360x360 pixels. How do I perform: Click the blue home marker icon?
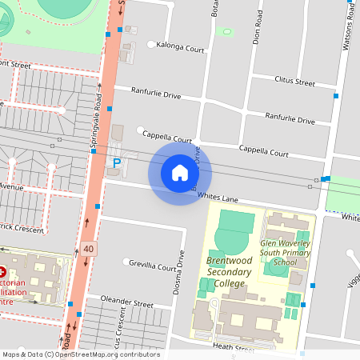pos(179,173)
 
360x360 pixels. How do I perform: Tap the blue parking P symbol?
pos(117,163)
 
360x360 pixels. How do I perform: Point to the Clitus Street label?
pos(294,82)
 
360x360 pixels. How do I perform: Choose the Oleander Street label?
pos(126,303)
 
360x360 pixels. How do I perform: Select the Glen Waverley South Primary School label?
pos(286,254)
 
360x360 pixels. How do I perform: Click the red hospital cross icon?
pos(3,273)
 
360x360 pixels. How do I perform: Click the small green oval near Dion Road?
pos(226,32)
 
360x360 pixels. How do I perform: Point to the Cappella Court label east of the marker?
pos(264,150)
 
